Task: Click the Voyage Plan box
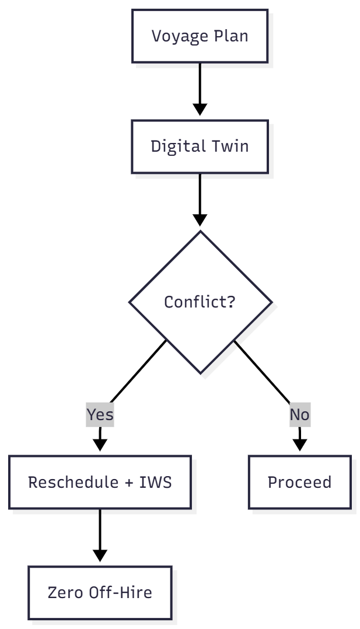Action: [x=200, y=36]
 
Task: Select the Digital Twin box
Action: [x=200, y=146]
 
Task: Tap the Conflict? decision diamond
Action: [x=200, y=302]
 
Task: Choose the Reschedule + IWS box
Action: [x=100, y=483]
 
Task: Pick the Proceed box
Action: [x=299, y=483]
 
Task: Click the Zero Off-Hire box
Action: [x=100, y=593]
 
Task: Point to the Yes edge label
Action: [x=100, y=415]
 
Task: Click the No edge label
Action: [x=299, y=415]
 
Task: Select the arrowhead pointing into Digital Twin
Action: [x=200, y=110]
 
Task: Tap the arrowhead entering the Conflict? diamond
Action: [x=200, y=220]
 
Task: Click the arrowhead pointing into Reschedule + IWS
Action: [x=100, y=445]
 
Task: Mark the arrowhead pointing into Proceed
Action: [x=299, y=445]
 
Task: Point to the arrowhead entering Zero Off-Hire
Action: [x=100, y=555]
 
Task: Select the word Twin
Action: [x=232, y=146]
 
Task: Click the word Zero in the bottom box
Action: [x=65, y=593]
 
